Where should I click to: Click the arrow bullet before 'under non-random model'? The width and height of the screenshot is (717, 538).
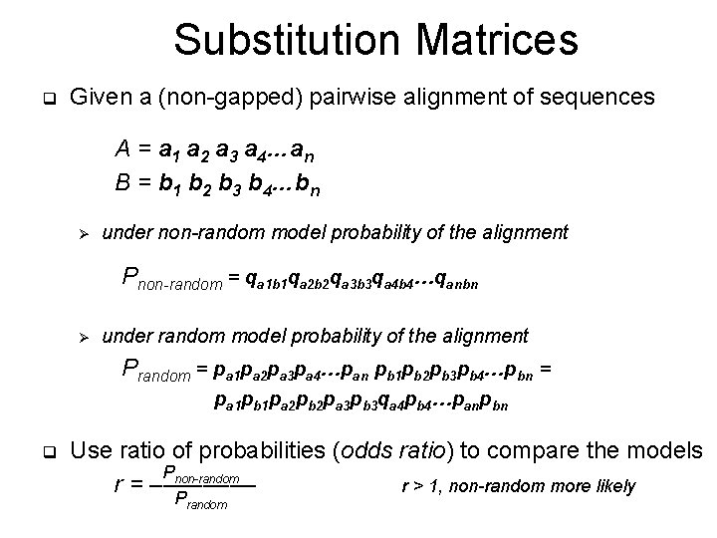click(85, 234)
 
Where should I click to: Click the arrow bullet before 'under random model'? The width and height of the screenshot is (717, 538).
click(85, 337)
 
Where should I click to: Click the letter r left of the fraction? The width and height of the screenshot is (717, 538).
click(120, 487)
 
